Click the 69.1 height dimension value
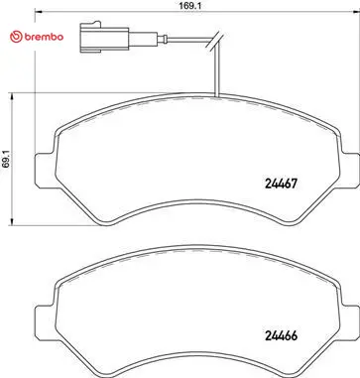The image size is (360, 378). [x=6, y=160]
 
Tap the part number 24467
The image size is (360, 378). [x=282, y=184]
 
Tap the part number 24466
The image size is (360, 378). [x=282, y=335]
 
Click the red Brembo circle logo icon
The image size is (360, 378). [x=16, y=37]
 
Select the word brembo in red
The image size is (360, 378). [x=44, y=37]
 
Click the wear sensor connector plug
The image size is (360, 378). [x=104, y=38]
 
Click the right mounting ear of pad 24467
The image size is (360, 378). [x=350, y=169]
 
